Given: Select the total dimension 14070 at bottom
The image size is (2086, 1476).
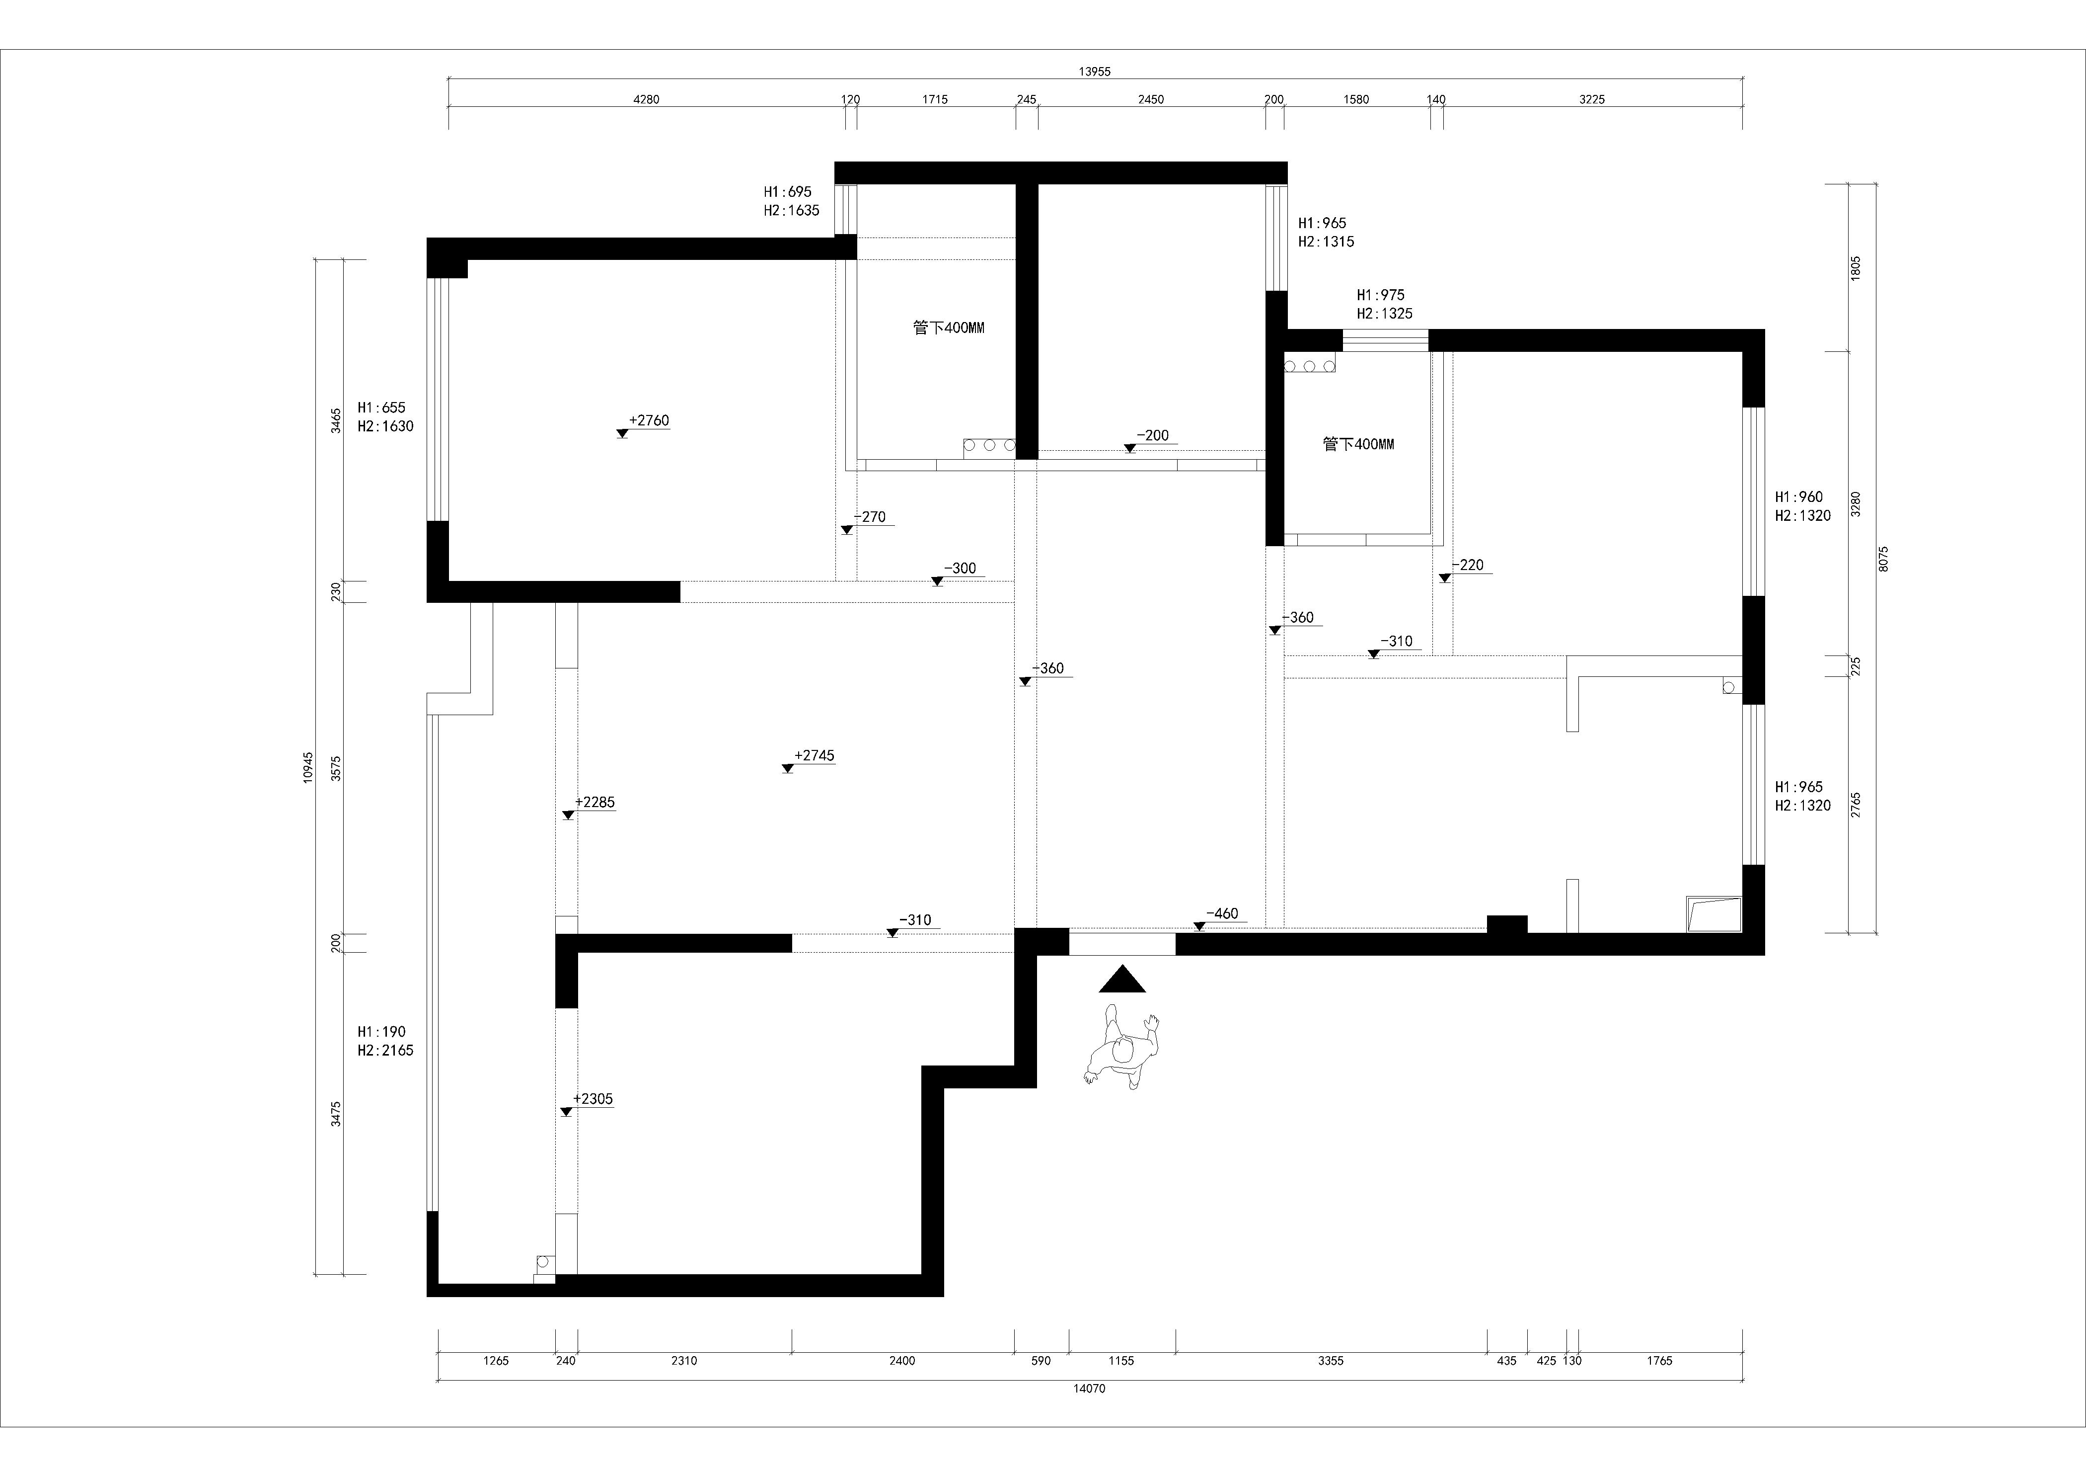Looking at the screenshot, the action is coord(1089,1389).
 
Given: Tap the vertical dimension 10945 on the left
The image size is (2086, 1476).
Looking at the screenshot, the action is coord(309,767).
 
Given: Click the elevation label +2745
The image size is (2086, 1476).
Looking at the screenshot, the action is coord(814,755).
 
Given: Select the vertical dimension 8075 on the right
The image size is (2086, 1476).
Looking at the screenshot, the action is coord(1883,558).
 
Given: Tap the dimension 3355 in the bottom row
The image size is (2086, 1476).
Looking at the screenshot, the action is coord(1330,1361).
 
